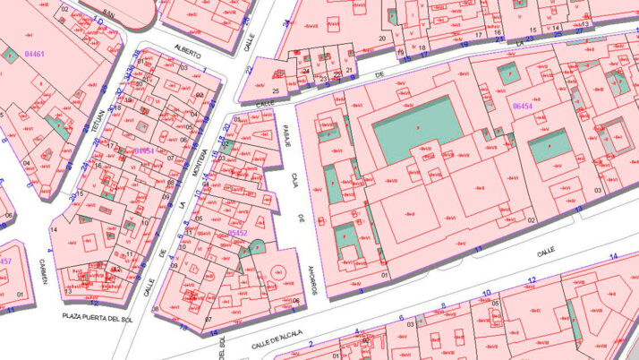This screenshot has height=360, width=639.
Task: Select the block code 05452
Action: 238,233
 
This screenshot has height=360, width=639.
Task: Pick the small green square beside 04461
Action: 11,56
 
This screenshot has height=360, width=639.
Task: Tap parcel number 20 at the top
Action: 382,39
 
